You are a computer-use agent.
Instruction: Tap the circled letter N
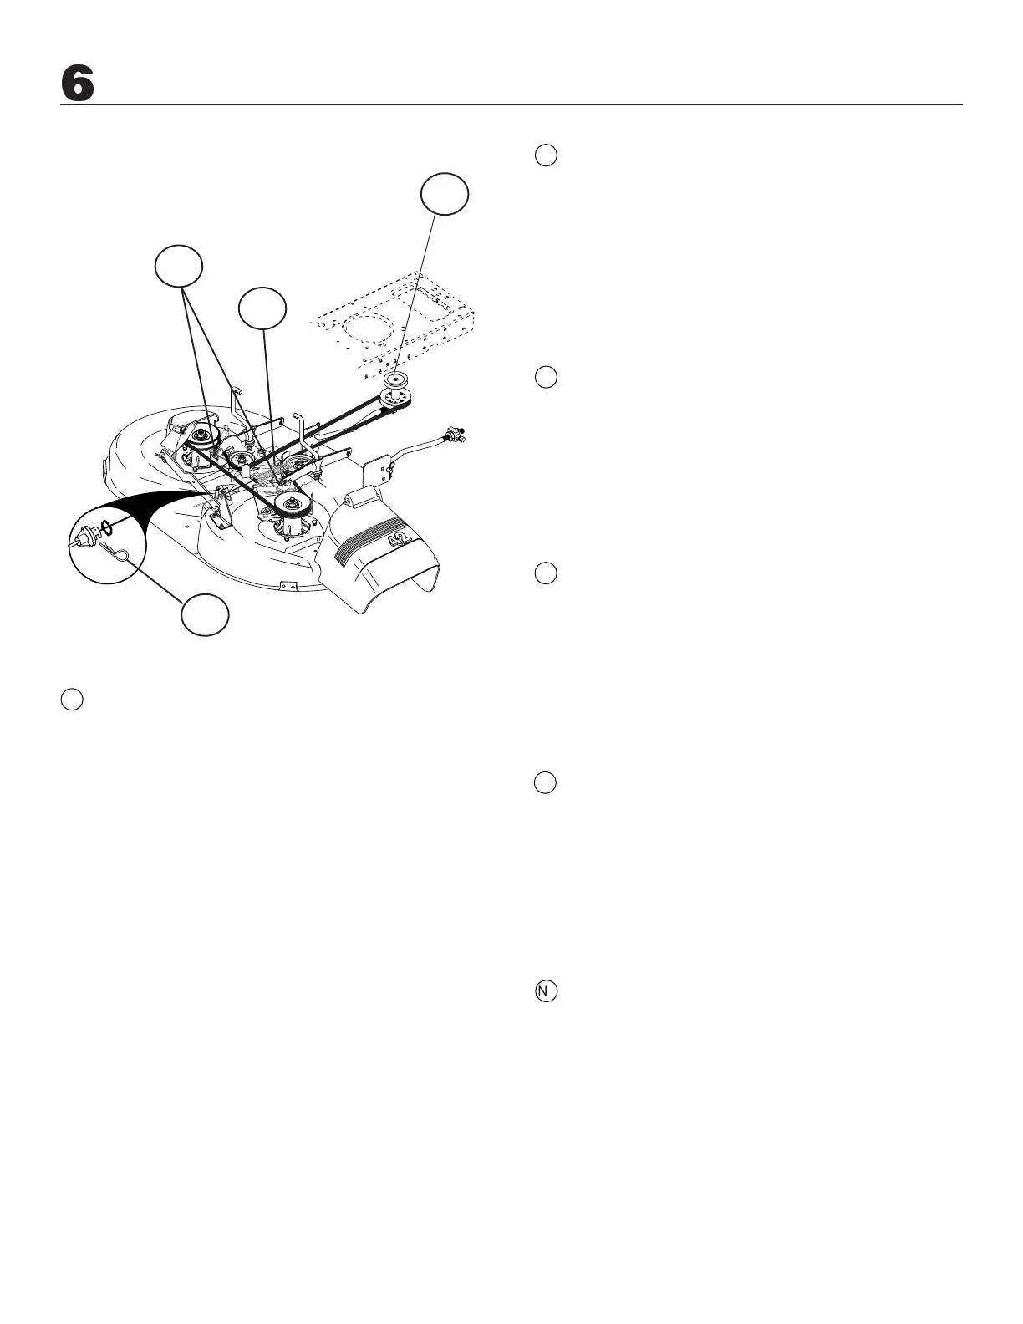coord(545,990)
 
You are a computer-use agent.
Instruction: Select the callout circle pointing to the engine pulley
coord(444,194)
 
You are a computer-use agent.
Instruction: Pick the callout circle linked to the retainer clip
coord(206,615)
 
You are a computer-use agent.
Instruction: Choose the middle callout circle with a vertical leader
coord(262,309)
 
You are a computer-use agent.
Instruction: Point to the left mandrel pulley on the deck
coord(200,435)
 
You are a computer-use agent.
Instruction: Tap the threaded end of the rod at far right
coord(457,435)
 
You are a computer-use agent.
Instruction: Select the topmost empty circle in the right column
coord(545,155)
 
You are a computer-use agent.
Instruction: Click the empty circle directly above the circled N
coord(545,782)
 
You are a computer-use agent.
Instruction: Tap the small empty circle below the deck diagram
coord(72,700)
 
